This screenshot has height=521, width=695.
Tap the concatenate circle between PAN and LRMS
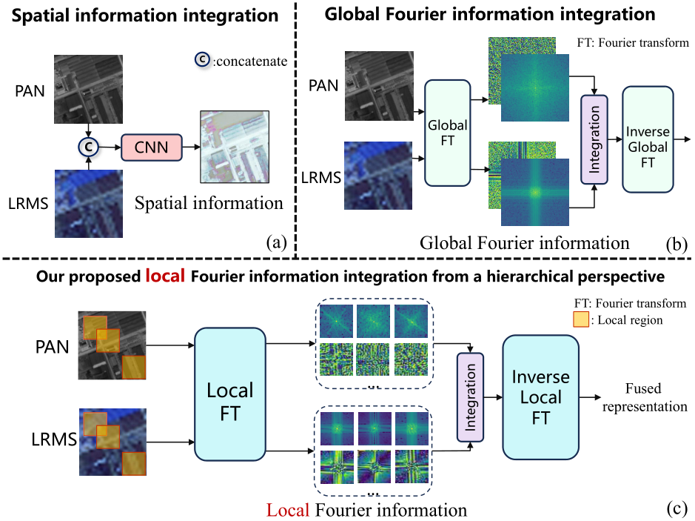point(88,147)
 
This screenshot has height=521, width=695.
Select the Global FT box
point(447,133)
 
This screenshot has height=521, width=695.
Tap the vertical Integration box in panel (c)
point(470,398)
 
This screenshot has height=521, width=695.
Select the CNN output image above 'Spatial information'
point(231,147)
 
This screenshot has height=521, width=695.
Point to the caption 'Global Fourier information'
point(524,242)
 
